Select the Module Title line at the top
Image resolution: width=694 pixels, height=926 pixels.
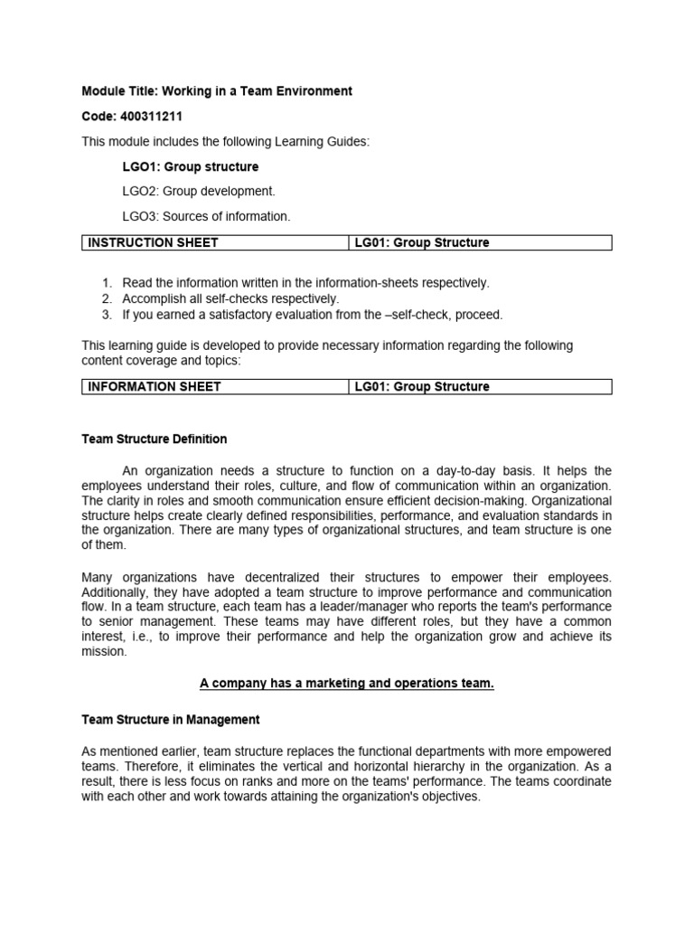coord(217,91)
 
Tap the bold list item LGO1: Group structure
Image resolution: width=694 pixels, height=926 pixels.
coord(190,167)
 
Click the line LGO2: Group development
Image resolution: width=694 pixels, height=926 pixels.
coord(198,192)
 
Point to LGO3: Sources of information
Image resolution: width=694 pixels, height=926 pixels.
coord(206,216)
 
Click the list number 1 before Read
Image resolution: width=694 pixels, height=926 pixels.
coord(106,283)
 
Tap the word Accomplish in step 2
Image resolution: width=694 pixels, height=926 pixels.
coord(155,298)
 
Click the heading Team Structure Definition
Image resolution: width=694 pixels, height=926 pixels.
coord(155,439)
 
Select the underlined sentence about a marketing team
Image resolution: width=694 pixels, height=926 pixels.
coord(347,684)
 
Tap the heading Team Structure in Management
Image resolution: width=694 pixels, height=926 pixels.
coord(171,720)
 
